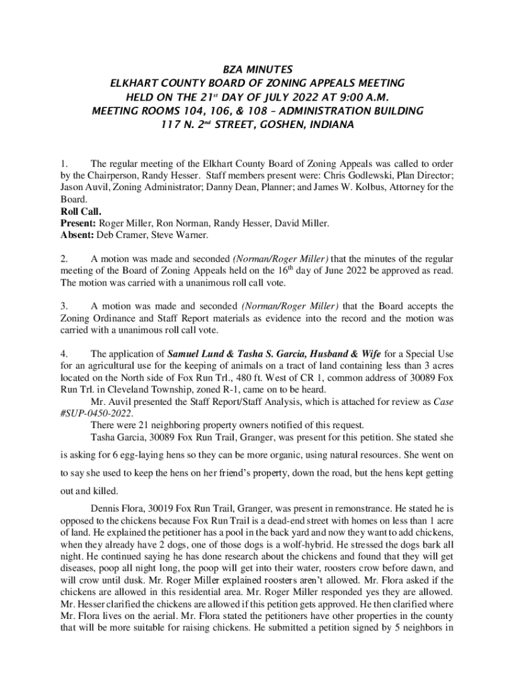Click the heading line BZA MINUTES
pos(257,69)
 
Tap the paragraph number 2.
pos(63,258)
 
